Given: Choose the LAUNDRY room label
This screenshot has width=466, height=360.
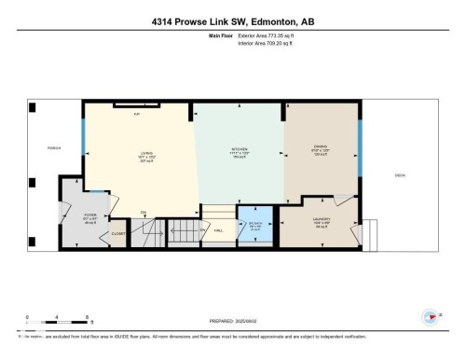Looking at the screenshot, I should [322, 221].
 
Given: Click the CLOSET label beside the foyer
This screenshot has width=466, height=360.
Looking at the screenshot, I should [118, 233].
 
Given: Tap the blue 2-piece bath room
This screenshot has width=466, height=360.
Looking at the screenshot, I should [255, 227].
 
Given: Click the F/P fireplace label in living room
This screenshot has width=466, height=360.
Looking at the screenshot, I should [137, 114].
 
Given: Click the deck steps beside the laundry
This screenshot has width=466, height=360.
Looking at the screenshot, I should [369, 229].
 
